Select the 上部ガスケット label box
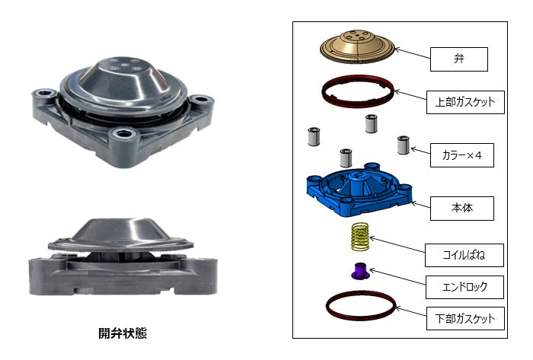[x=465, y=101]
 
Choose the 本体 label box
[x=462, y=207]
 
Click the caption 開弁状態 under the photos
[x=123, y=333]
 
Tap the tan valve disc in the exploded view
[x=357, y=44]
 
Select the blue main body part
[x=358, y=190]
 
